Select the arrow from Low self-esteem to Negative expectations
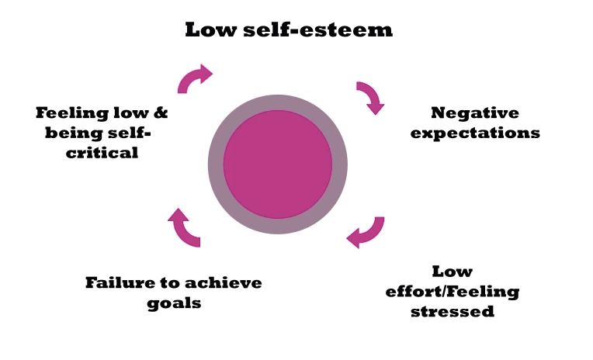point(370,97)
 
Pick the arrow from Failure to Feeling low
point(184,227)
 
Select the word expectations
point(475,133)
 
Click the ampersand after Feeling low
point(161,113)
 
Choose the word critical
point(102,153)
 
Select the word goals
point(174,303)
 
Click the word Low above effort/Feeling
point(452,272)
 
